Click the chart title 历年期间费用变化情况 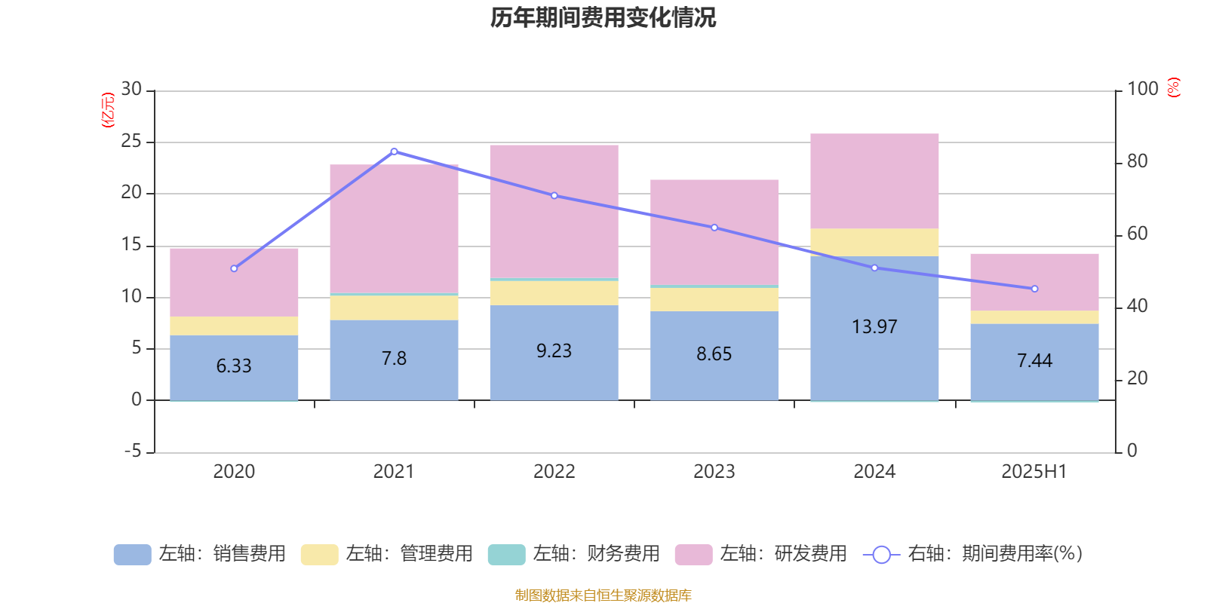(x=603, y=17)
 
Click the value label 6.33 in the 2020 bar (x=234, y=366)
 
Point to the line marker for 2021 (x=394, y=152)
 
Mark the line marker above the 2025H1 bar (x=1034, y=289)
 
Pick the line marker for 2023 (x=714, y=228)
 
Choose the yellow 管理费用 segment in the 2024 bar (x=874, y=242)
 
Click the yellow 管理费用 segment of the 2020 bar (x=234, y=326)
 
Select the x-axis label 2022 (x=554, y=472)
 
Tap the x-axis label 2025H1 (x=1034, y=472)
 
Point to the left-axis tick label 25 (x=131, y=141)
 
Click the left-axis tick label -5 (x=131, y=451)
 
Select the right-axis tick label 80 (x=1137, y=161)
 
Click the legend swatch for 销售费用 (x=132, y=554)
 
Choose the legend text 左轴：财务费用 (x=596, y=554)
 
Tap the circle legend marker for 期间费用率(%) (x=881, y=555)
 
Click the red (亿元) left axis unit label (x=108, y=110)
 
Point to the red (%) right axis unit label (x=1174, y=87)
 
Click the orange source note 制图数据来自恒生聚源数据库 (x=603, y=595)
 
